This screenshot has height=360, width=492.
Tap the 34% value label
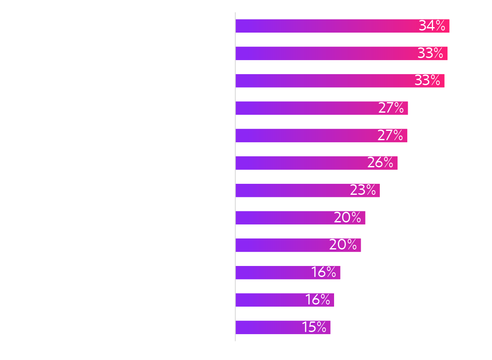[x=432, y=26]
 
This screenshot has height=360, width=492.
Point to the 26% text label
[x=380, y=163]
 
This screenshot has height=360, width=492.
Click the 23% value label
[x=363, y=190]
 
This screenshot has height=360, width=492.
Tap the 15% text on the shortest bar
[x=314, y=327]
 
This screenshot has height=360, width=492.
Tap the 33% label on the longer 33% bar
[x=430, y=53]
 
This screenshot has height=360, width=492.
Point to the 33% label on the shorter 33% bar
[x=427, y=80]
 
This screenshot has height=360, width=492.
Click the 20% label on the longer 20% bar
[x=347, y=218]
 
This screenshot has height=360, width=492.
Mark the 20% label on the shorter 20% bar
[x=343, y=245]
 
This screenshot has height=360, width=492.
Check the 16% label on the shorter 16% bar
[x=318, y=300]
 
